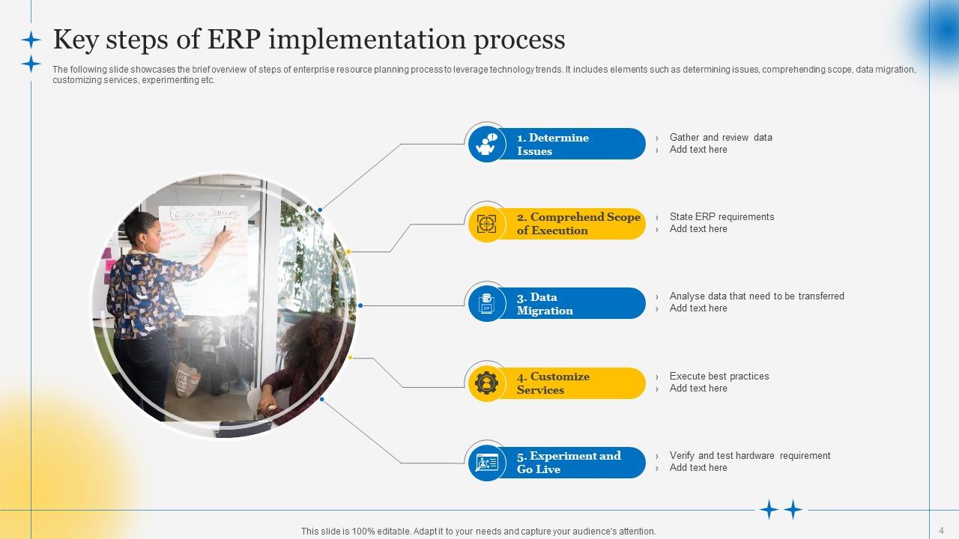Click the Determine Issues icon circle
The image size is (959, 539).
487,144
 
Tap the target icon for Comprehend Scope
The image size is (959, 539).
487,224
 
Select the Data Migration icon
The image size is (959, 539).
487,303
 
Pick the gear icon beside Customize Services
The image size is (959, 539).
487,383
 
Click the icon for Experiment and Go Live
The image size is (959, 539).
487,463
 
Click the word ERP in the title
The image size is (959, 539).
234,40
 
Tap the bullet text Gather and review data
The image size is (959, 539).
721,137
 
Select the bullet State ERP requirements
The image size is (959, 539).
721,217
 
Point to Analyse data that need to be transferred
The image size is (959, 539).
757,296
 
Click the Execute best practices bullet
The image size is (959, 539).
719,376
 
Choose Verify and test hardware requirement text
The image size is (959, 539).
750,456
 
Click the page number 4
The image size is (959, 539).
941,531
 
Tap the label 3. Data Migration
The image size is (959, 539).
545,304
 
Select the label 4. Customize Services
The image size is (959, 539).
553,383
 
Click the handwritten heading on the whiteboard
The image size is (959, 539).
204,213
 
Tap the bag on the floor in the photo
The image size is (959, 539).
187,379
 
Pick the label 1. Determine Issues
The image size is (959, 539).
553,144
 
